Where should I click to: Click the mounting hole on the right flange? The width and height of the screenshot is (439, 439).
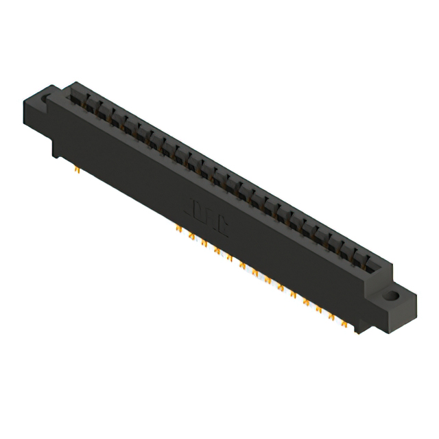click(x=392, y=297)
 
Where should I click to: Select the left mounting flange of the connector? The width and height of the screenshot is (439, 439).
click(x=41, y=110)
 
